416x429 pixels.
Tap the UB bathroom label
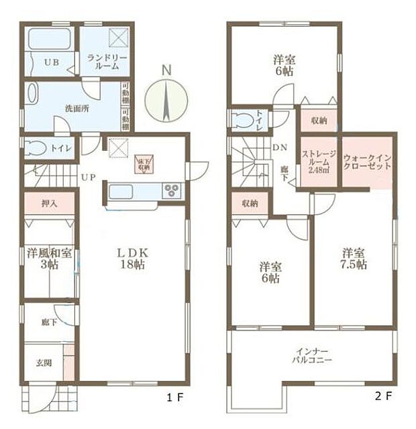point(51,62)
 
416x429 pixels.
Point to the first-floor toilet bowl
point(37,149)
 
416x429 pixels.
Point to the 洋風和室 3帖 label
point(49,259)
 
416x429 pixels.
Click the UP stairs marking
point(87,178)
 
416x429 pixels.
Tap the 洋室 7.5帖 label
point(353,259)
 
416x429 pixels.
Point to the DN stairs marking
point(280,147)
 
